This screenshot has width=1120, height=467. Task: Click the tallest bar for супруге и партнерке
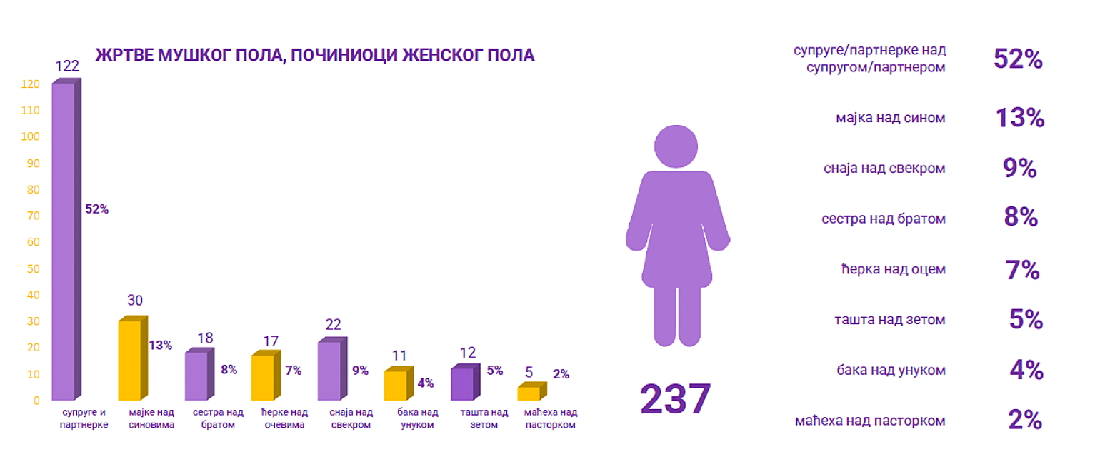click(x=63, y=241)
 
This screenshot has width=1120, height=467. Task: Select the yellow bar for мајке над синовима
click(x=129, y=361)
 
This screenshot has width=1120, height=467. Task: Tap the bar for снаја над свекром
click(x=329, y=371)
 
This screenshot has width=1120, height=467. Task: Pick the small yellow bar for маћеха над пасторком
click(x=529, y=393)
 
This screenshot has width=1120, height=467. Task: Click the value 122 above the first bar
click(x=66, y=66)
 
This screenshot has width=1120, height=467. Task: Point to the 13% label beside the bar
click(x=160, y=346)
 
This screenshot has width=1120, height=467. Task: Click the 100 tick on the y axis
click(x=30, y=136)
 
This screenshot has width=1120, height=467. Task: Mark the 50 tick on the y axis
click(x=33, y=268)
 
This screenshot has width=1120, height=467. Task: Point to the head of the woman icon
click(x=676, y=146)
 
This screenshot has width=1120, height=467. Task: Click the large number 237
click(x=675, y=399)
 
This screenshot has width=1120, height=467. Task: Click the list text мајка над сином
click(x=891, y=118)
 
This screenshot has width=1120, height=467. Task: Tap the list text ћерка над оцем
click(x=893, y=270)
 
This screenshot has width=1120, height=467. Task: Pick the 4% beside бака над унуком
click(x=1026, y=371)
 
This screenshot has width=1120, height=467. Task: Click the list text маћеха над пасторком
click(x=869, y=421)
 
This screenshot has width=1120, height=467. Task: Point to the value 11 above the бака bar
click(x=399, y=356)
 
